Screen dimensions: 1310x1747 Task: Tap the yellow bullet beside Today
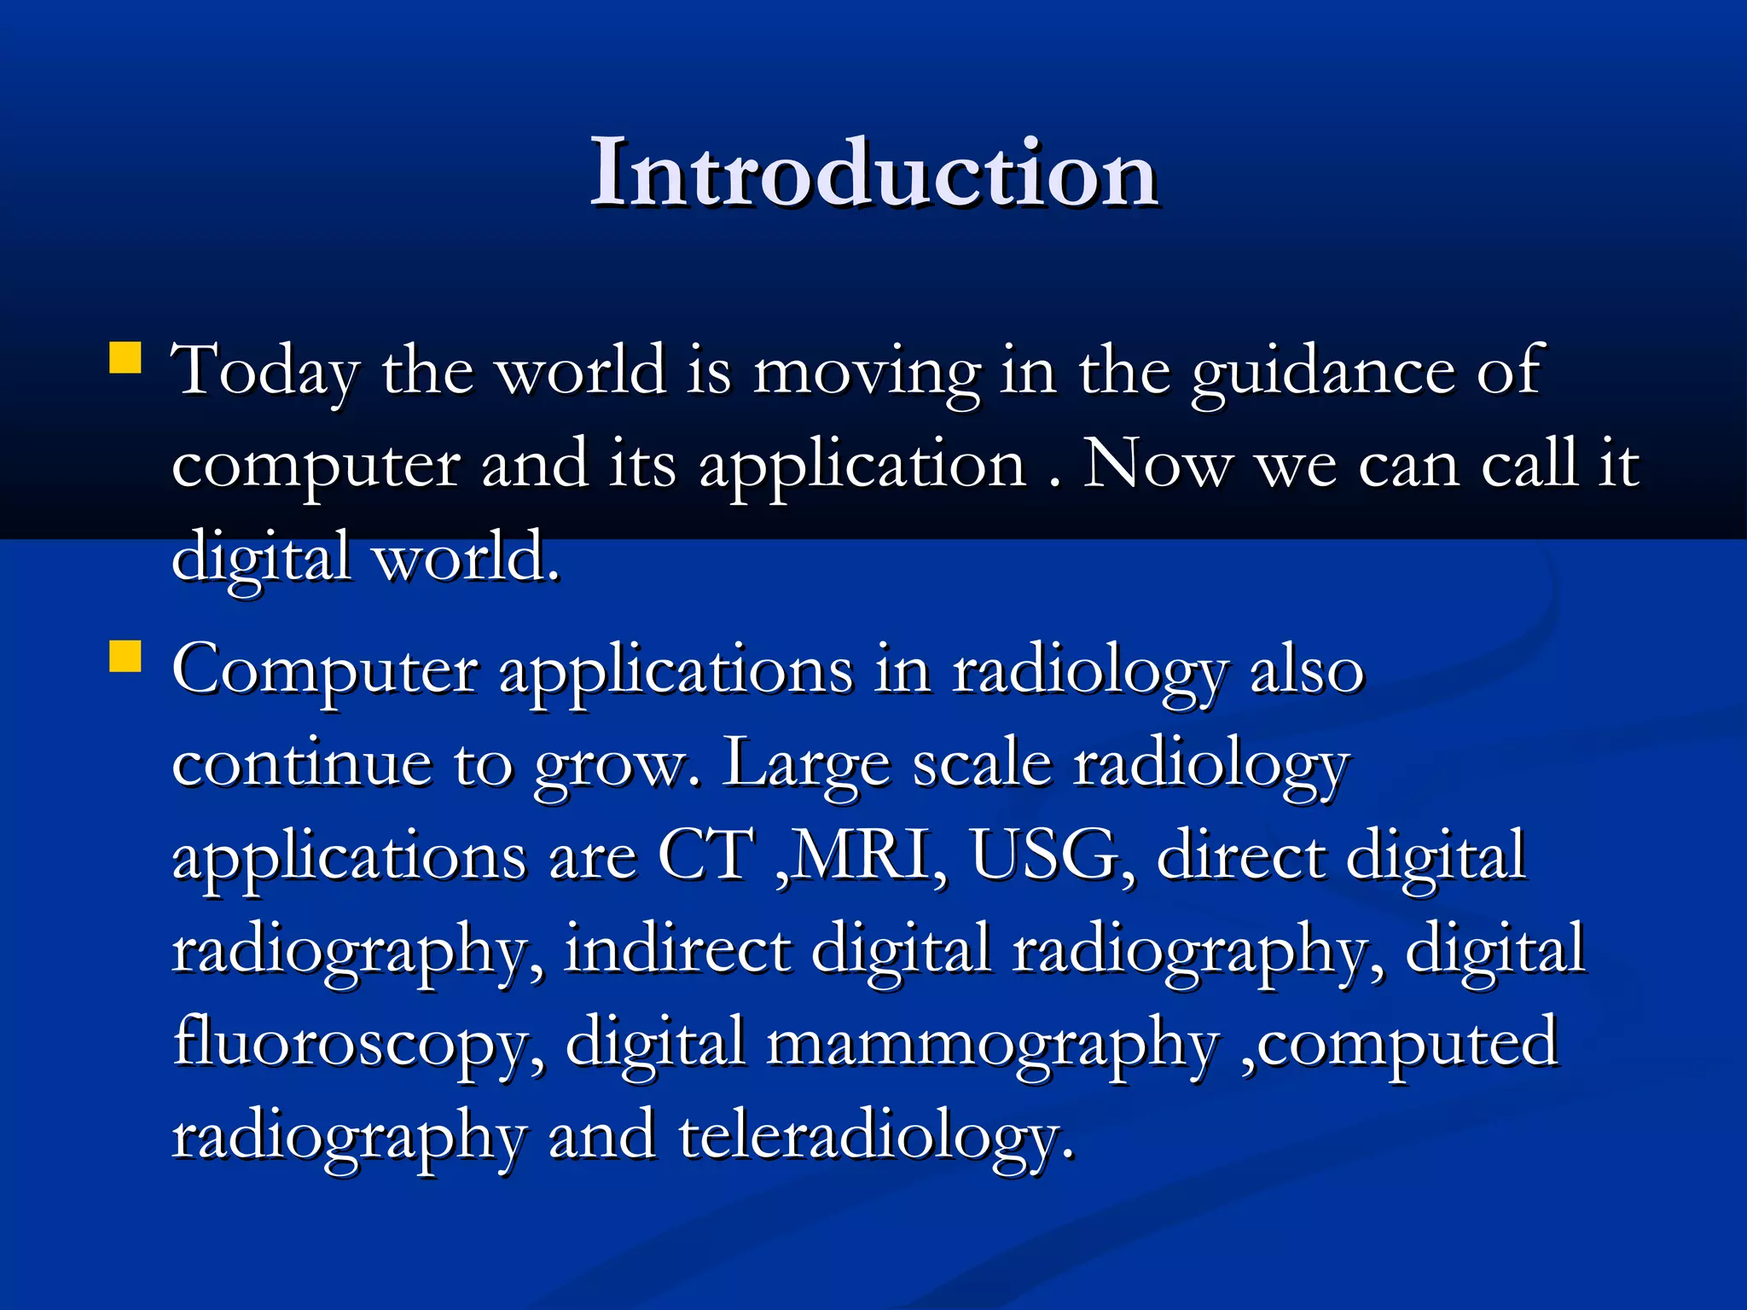[125, 358]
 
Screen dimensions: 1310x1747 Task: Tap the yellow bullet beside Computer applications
[125, 658]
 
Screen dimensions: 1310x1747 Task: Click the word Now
[1158, 465]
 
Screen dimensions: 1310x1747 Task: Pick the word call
[1529, 465]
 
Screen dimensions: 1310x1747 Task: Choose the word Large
[807, 764]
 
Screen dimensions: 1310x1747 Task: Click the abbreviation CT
[705, 856]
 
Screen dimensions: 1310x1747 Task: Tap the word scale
[982, 764]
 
